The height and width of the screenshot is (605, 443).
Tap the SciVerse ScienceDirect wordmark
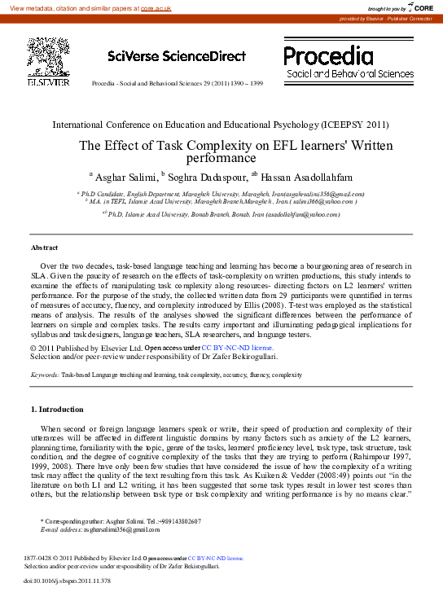[176, 56]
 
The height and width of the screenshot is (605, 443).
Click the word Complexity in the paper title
[220, 146]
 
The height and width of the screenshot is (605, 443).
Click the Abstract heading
[44, 247]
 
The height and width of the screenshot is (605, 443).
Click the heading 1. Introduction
[56, 409]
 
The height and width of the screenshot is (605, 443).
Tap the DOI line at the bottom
[67, 581]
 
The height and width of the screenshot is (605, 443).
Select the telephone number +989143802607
[175, 521]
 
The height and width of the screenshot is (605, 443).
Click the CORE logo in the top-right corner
[419, 7]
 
